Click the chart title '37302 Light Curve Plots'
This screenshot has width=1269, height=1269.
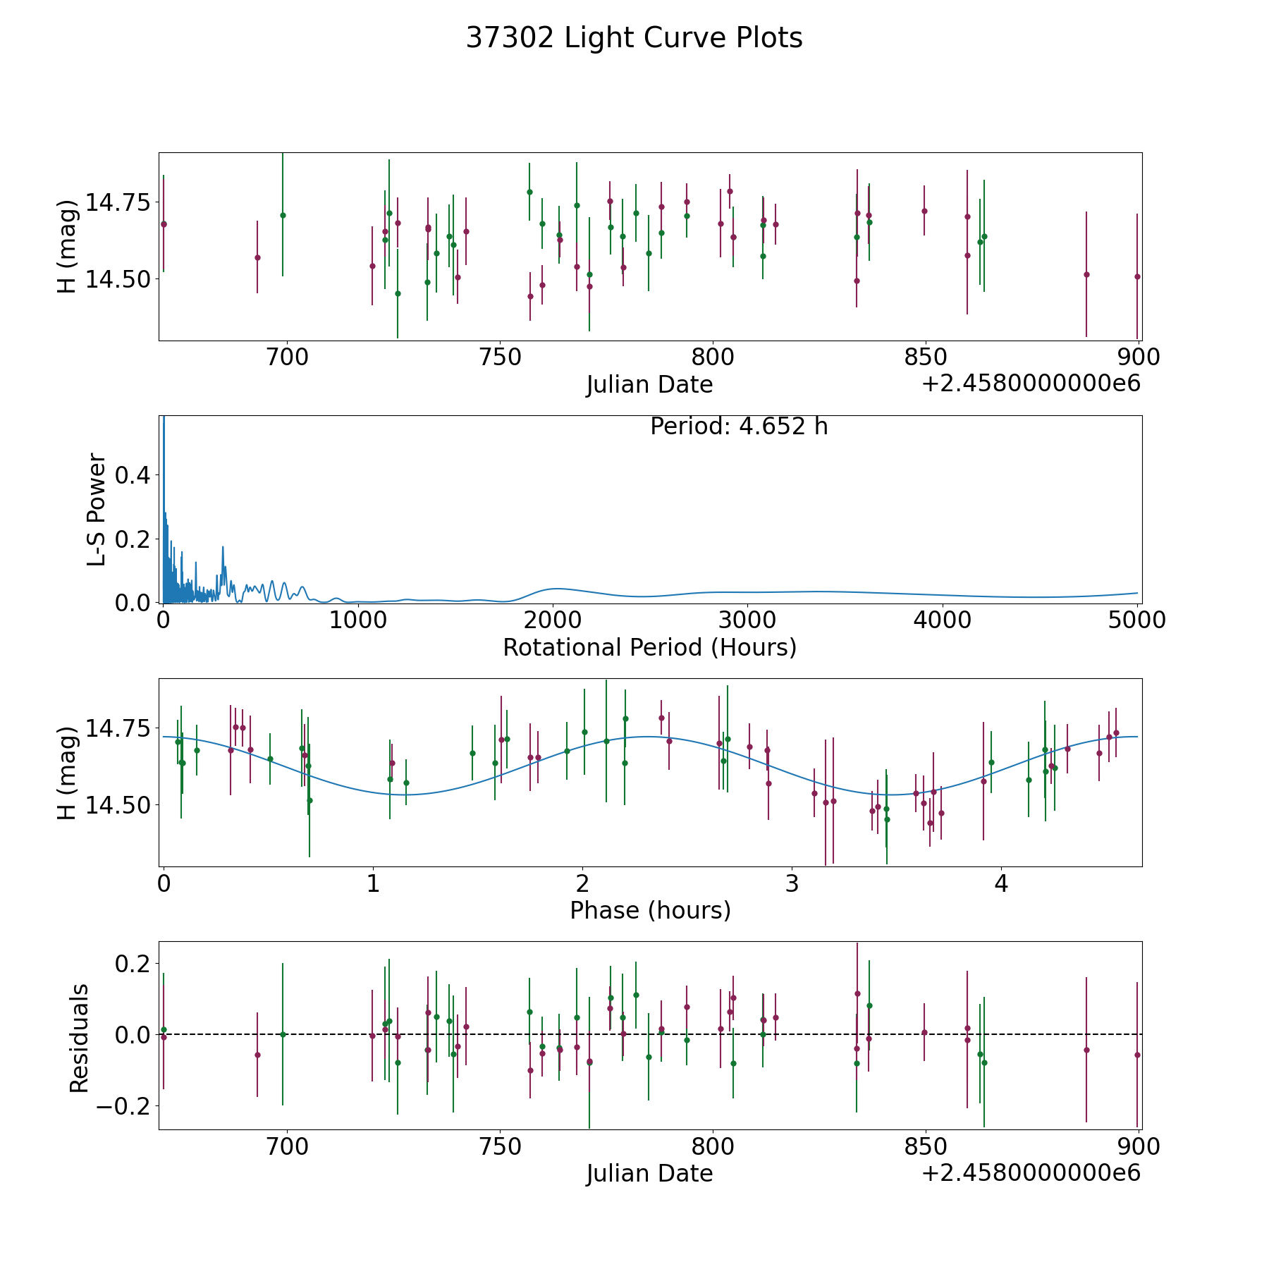tap(634, 38)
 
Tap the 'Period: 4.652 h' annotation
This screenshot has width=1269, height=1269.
tap(739, 427)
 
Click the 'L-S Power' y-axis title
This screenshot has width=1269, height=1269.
tap(97, 509)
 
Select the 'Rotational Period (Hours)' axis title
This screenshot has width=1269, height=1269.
tap(649, 647)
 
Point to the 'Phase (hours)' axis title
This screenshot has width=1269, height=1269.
tap(650, 910)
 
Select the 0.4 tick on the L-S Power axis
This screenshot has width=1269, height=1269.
tap(133, 476)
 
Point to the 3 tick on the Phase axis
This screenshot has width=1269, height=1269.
tap(792, 883)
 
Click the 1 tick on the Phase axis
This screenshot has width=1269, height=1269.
tap(373, 883)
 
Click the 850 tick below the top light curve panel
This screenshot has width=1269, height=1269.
tap(925, 357)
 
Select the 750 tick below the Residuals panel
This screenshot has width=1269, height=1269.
tap(499, 1146)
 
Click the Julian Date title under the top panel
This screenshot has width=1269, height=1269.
tap(649, 385)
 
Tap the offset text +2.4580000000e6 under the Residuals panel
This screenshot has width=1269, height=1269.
tap(1031, 1173)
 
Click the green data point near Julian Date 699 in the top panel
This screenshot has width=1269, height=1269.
tap(283, 215)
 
